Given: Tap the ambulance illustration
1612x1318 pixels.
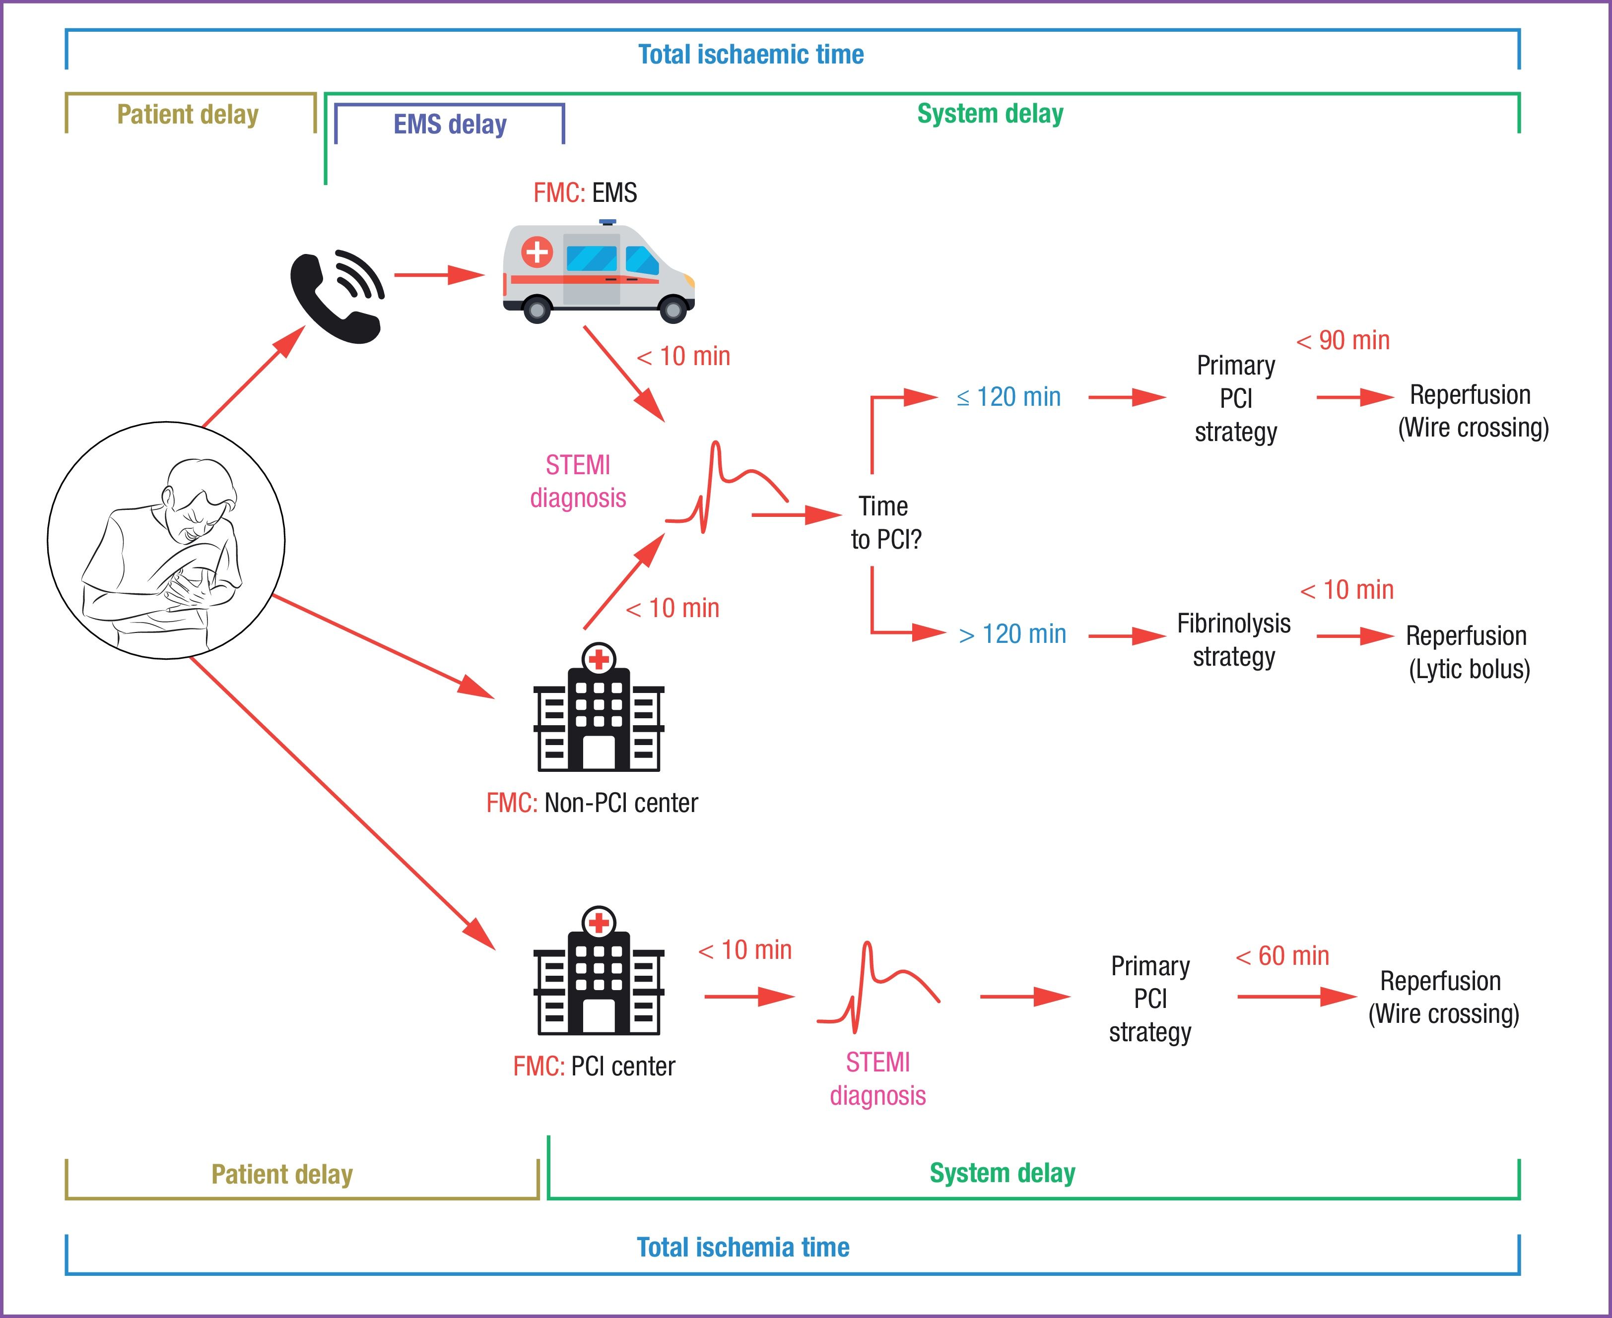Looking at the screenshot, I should (599, 272).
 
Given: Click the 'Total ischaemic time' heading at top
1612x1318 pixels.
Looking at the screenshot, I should (750, 55).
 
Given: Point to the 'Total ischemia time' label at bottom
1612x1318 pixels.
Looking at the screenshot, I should (743, 1248).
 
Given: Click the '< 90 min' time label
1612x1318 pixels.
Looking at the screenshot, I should (1343, 341).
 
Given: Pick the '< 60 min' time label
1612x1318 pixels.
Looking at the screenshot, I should (1282, 956).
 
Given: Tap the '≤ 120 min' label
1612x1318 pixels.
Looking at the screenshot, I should (1009, 397).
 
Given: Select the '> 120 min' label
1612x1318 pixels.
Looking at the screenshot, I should (1012, 634).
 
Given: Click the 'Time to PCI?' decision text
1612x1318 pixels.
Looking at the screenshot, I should (885, 522).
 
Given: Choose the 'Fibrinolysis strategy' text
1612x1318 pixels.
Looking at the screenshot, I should (1234, 639).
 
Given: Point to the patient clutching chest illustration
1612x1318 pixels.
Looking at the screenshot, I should (166, 541).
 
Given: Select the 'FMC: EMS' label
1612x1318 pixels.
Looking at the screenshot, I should (585, 193).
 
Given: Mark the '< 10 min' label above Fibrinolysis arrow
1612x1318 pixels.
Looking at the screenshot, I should (1347, 590).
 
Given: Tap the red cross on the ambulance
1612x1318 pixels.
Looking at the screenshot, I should (537, 251).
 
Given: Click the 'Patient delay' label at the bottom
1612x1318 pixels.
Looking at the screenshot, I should (282, 1175).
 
